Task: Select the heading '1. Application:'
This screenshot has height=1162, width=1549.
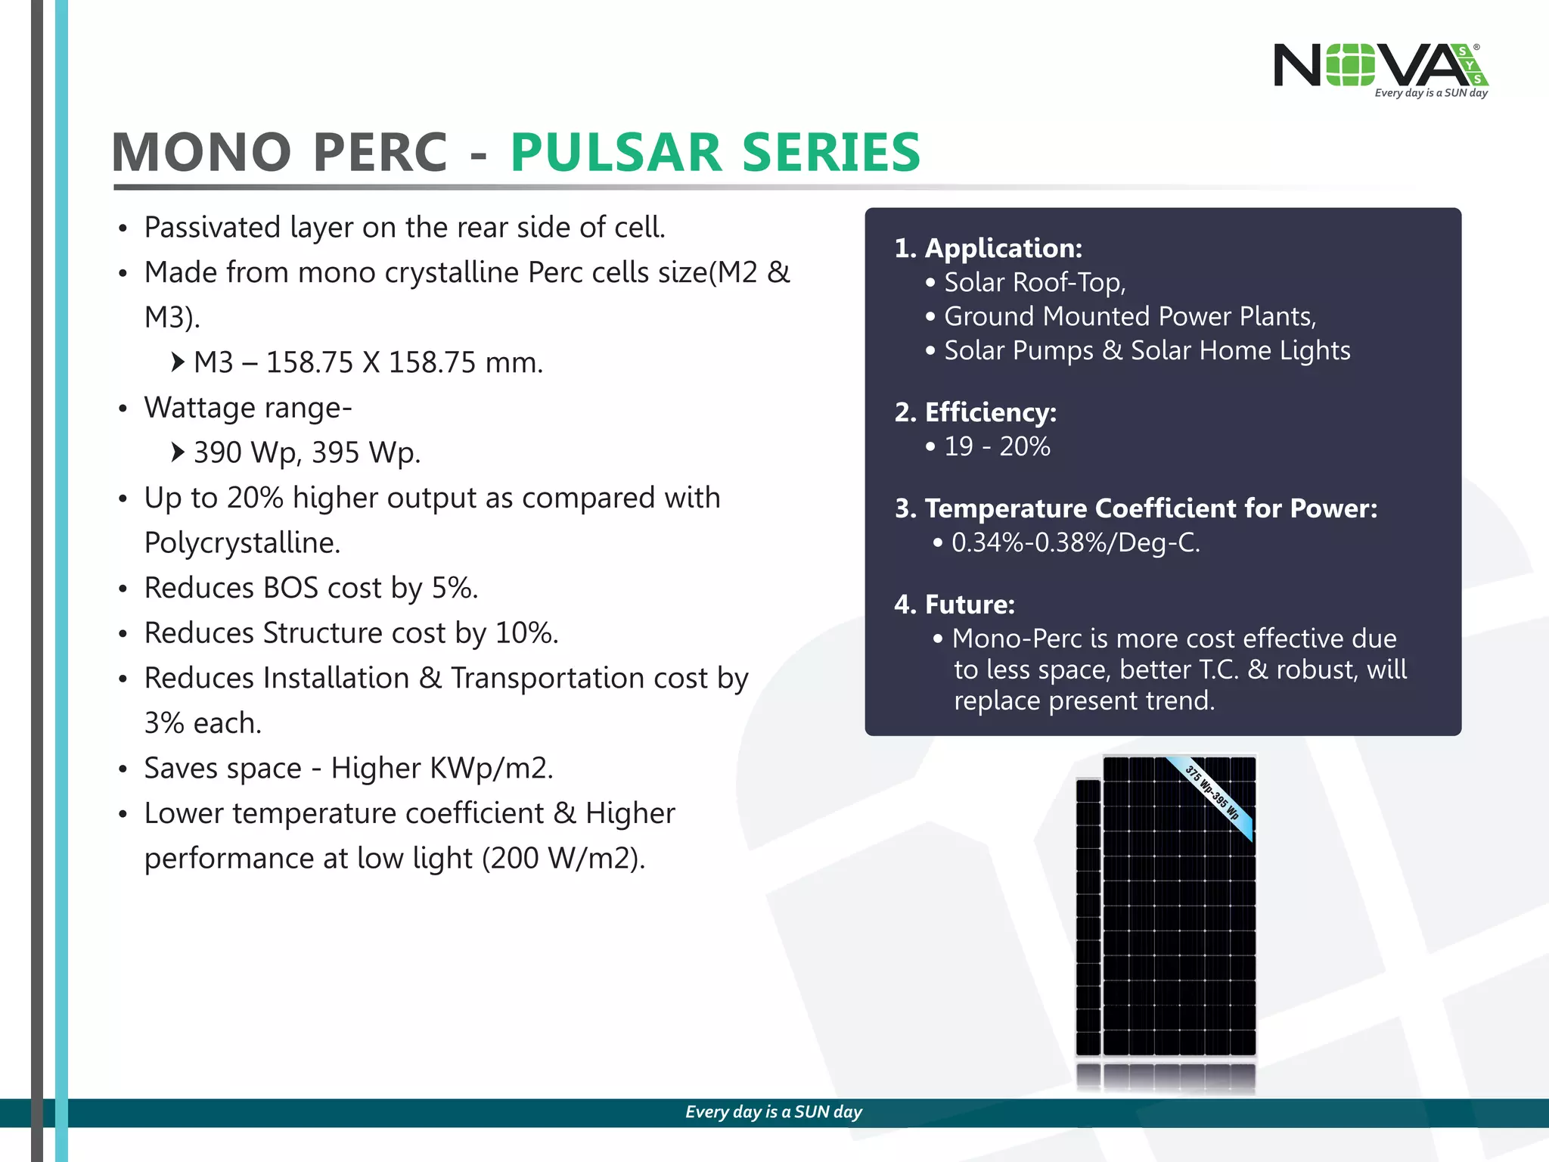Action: tap(988, 248)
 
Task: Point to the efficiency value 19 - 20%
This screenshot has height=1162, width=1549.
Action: tap(996, 446)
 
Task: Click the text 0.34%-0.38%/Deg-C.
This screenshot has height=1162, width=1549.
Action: tap(1075, 542)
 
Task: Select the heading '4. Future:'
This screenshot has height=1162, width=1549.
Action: tap(955, 604)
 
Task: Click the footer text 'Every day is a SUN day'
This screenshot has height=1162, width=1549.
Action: tap(773, 1112)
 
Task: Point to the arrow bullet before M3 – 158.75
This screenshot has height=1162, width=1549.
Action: tap(177, 362)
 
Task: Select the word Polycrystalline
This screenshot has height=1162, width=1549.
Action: tap(242, 543)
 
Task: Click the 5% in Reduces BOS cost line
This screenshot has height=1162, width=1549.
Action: tap(454, 589)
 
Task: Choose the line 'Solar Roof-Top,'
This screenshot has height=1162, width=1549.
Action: tap(1034, 282)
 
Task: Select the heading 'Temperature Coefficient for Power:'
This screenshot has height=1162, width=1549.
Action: tap(1150, 508)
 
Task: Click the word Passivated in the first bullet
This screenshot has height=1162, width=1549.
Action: tap(212, 228)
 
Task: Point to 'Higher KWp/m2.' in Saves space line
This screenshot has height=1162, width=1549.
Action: tap(442, 769)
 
